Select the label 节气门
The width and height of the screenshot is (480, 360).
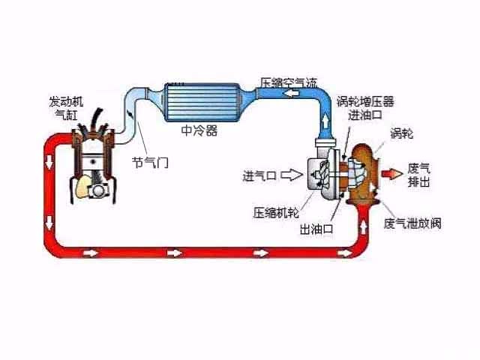pos(150,162)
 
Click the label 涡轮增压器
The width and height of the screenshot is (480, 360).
pos(365,101)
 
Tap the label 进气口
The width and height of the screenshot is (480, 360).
pos(259,176)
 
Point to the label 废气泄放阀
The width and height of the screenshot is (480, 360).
pos(412,223)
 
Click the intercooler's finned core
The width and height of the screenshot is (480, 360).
pos(201,102)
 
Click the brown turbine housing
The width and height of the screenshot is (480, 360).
pos(366,172)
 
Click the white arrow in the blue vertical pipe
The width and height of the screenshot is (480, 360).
pos(327,118)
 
